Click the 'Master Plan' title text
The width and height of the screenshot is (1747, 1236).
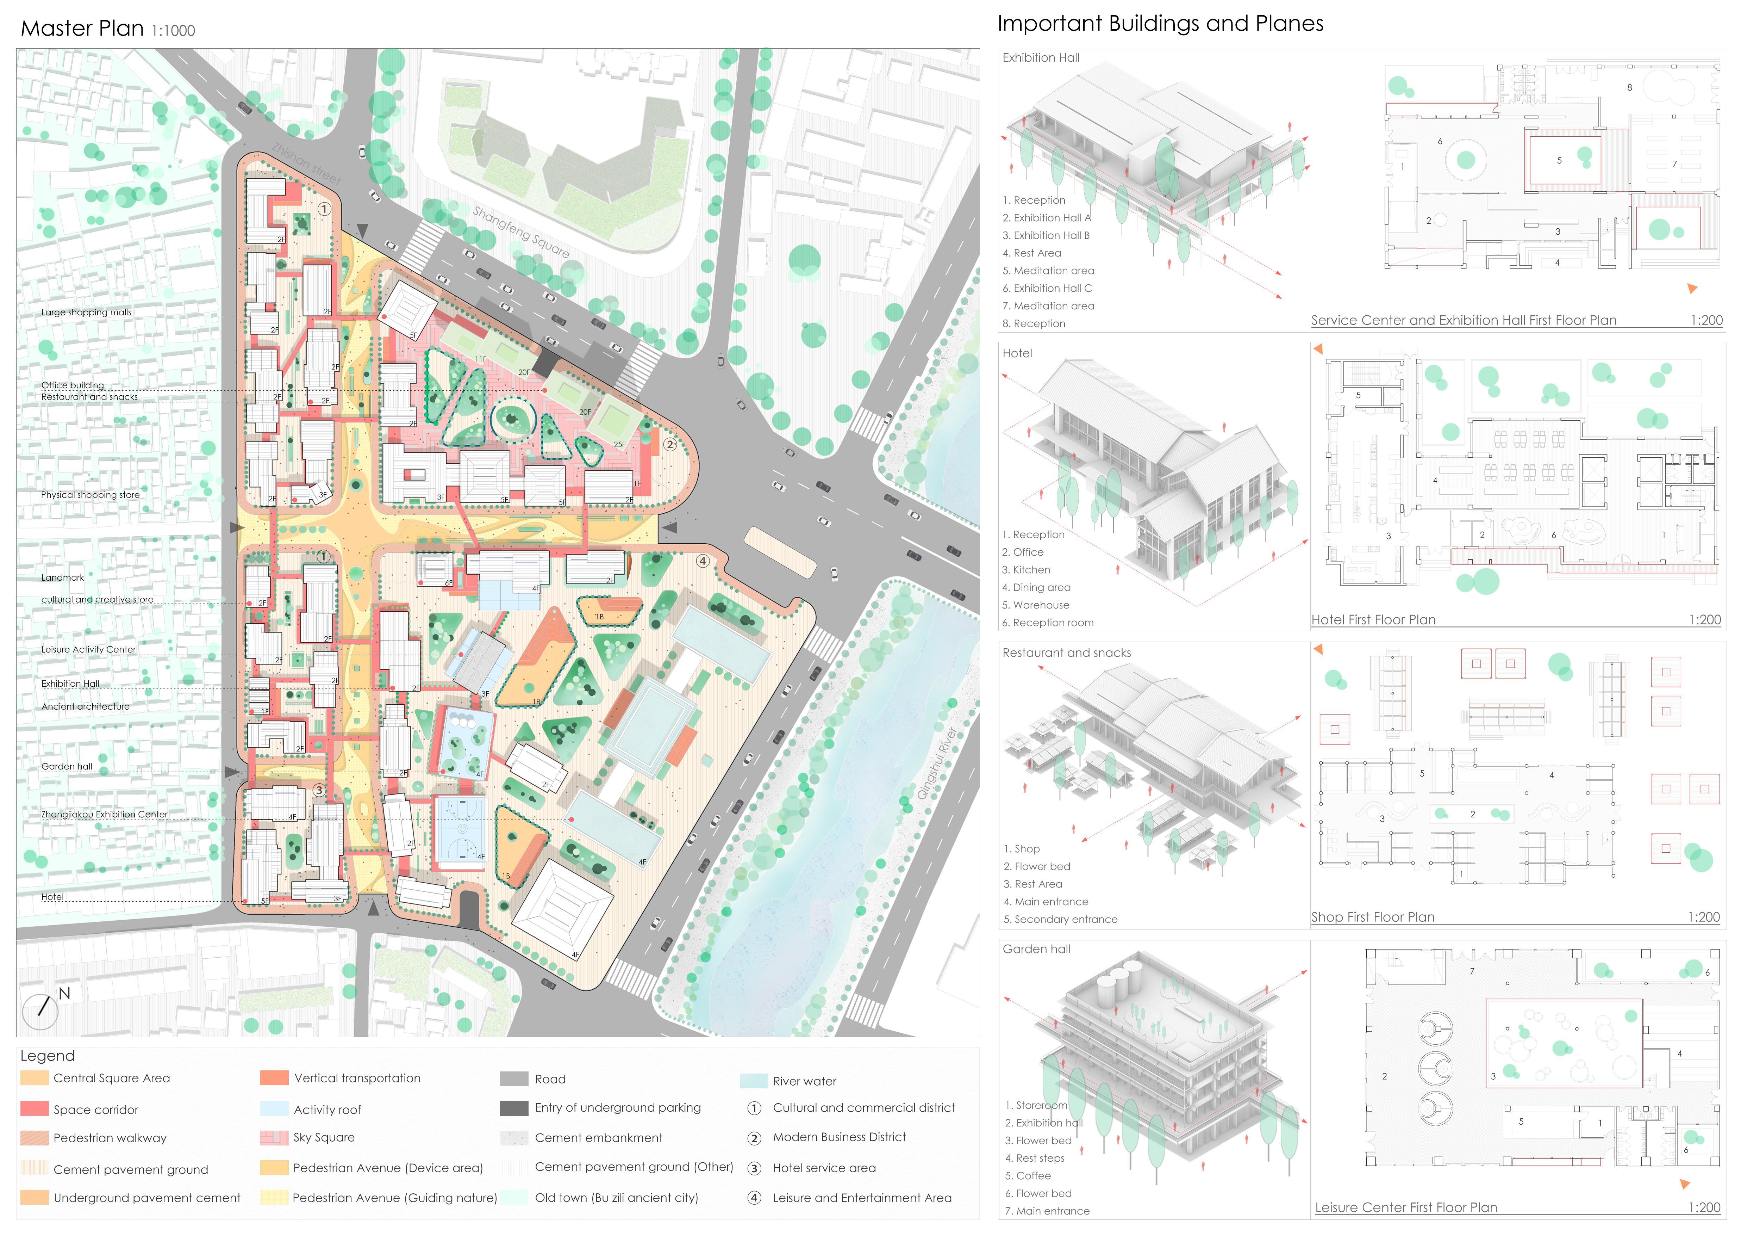[x=82, y=29]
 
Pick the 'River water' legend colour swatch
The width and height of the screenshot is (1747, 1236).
[x=753, y=1081]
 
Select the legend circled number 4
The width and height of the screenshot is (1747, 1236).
[x=754, y=1198]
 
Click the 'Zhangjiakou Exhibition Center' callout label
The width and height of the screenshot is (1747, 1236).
[x=104, y=814]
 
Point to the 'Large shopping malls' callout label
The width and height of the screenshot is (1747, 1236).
[x=86, y=313]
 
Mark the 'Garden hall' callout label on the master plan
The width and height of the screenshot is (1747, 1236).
[x=67, y=766]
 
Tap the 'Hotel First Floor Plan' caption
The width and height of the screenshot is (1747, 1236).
[x=1373, y=619]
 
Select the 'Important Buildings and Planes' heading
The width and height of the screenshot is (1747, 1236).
[x=1160, y=24]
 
